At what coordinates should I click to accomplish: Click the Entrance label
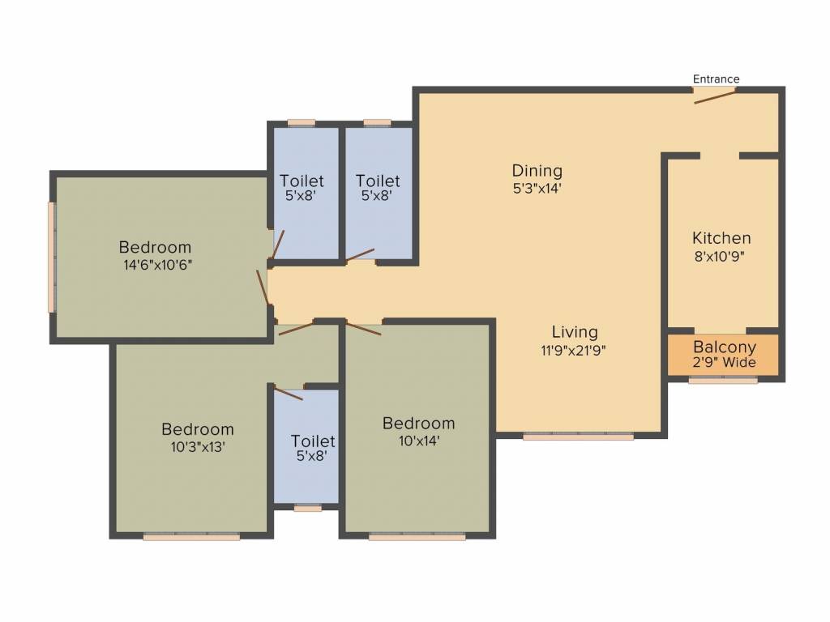pyautogui.click(x=716, y=79)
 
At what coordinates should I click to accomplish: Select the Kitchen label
pyautogui.click(x=721, y=238)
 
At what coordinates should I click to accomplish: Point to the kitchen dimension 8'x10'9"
pyautogui.click(x=720, y=257)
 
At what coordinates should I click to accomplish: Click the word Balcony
pyautogui.click(x=725, y=347)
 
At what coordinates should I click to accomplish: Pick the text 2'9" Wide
pyautogui.click(x=724, y=363)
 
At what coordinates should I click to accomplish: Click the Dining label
pyautogui.click(x=537, y=172)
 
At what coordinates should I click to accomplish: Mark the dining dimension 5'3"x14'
pyautogui.click(x=537, y=188)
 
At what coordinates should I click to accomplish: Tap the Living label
pyautogui.click(x=575, y=332)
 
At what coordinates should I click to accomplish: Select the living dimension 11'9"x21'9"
pyautogui.click(x=573, y=350)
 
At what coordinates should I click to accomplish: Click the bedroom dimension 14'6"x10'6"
pyautogui.click(x=157, y=265)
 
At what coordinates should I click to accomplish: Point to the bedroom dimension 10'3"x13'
pyautogui.click(x=198, y=447)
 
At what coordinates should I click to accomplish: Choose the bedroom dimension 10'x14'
pyautogui.click(x=419, y=441)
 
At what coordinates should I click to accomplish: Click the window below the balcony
pyautogui.click(x=723, y=381)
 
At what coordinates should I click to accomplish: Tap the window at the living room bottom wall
pyautogui.click(x=579, y=437)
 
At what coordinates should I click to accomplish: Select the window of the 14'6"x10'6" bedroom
pyautogui.click(x=52, y=257)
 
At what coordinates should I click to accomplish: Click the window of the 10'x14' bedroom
pyautogui.click(x=417, y=537)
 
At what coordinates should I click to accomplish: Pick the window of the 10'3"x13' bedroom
pyautogui.click(x=191, y=537)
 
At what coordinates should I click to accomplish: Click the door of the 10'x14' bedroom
pyautogui.click(x=363, y=328)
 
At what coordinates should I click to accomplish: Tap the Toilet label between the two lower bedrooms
pyautogui.click(x=313, y=441)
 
